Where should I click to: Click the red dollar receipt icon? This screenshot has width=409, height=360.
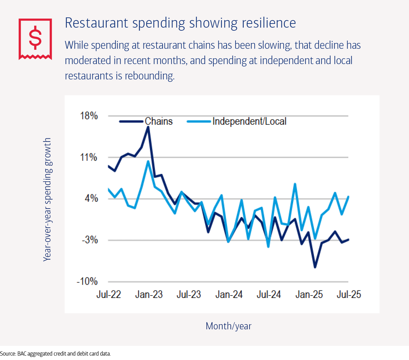(x=35, y=39)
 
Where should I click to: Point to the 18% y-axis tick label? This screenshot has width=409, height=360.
(x=89, y=116)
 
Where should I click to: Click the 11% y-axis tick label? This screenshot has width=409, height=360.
(x=89, y=157)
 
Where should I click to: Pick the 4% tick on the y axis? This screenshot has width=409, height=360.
(x=91, y=198)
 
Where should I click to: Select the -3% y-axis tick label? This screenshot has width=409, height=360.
(x=90, y=240)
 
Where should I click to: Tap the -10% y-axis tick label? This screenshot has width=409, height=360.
(x=87, y=282)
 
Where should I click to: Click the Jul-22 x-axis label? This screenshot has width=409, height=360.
(x=109, y=295)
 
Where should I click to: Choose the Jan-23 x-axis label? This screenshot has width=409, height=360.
(x=149, y=295)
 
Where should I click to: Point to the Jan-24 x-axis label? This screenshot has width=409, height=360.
(x=229, y=295)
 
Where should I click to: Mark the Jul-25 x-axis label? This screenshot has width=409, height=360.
(x=349, y=295)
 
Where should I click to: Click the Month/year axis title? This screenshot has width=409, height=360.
(x=229, y=326)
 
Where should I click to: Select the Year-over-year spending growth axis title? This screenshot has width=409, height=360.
(x=47, y=199)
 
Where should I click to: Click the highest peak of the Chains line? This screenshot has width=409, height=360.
(x=148, y=127)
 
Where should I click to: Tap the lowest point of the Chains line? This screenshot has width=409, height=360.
(x=315, y=267)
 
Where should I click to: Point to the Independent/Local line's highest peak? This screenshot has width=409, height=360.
(x=148, y=161)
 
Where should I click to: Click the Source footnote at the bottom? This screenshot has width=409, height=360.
(x=56, y=354)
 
